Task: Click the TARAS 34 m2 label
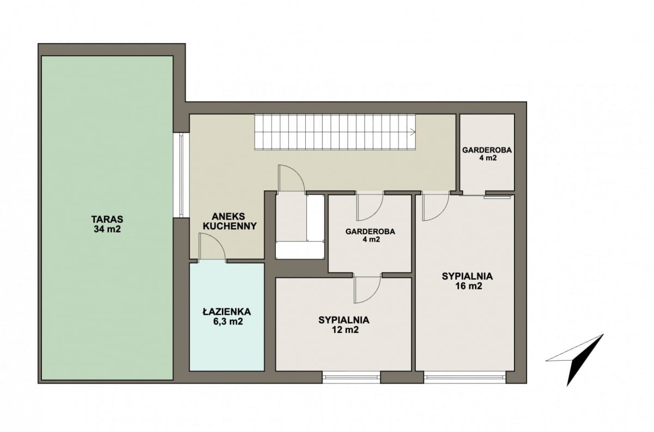[107, 224]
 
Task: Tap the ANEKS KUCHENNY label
[230, 221]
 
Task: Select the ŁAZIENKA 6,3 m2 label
[227, 317]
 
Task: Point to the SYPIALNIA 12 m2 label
[344, 325]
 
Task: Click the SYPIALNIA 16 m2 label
[467, 281]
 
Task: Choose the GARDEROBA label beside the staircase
[487, 154]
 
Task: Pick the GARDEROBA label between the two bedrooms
[370, 235]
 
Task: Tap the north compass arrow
[574, 360]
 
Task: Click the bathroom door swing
[212, 246]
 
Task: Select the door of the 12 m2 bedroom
[367, 289]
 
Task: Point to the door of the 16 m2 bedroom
[435, 207]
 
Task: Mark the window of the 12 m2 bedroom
[351, 378]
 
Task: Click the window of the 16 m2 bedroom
[465, 378]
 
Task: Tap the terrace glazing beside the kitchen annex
[181, 175]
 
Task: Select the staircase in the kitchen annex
[336, 132]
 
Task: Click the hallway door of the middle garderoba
[370, 206]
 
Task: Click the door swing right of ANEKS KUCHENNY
[292, 178]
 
